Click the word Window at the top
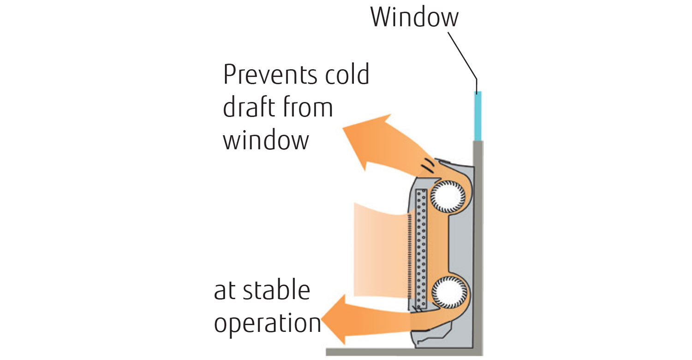tap(414, 17)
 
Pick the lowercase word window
tap(266, 139)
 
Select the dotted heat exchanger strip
tap(421, 249)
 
